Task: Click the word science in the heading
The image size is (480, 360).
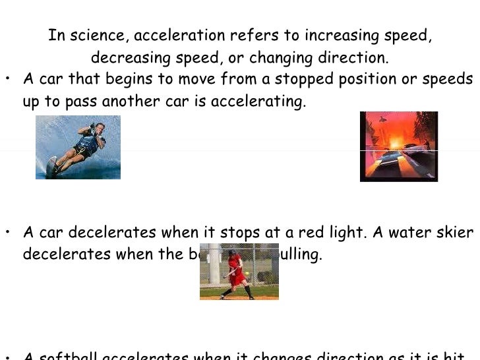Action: pyautogui.click(x=97, y=36)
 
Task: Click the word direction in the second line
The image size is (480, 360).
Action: pyautogui.click(x=355, y=58)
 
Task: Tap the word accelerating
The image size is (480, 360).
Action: pyautogui.click(x=268, y=102)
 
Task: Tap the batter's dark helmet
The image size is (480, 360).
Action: pyautogui.click(x=231, y=253)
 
